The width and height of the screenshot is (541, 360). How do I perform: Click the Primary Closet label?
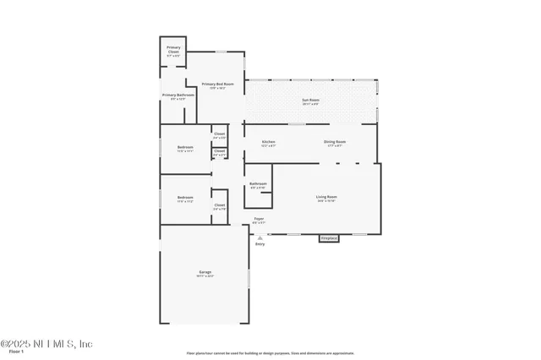click(x=173, y=49)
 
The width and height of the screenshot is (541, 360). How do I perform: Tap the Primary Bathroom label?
click(x=178, y=95)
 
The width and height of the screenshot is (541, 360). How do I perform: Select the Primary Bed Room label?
click(x=217, y=85)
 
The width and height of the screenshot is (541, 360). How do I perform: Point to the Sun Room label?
click(x=311, y=101)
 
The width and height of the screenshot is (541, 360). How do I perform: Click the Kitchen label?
click(x=268, y=142)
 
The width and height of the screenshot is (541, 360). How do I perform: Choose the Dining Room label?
click(x=335, y=142)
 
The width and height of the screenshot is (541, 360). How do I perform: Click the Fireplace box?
click(x=329, y=238)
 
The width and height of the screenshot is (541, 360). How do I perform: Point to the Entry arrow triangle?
click(x=260, y=238)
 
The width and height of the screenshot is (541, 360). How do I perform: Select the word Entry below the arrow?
click(x=260, y=244)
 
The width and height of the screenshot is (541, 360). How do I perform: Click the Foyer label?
click(x=259, y=219)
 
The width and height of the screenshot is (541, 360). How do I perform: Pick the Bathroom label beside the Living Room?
click(x=258, y=184)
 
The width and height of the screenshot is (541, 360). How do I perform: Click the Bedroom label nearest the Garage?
click(x=185, y=199)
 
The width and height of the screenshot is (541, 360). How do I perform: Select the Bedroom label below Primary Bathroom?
click(x=185, y=148)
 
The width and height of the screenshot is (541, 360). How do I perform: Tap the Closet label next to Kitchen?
click(x=219, y=134)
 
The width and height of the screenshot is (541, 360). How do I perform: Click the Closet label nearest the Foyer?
click(x=219, y=205)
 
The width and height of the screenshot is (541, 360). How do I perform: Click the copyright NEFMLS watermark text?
click(x=46, y=343)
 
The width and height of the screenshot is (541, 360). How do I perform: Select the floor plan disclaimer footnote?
click(x=270, y=353)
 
